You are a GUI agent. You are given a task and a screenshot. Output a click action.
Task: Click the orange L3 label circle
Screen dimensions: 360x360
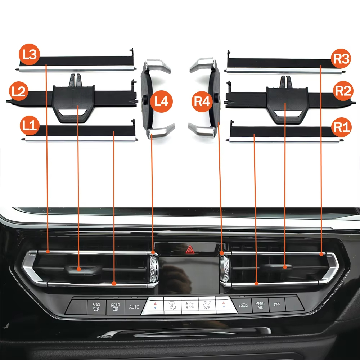(30, 54)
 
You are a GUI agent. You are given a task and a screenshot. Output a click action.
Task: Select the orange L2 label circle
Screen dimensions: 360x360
(19, 91)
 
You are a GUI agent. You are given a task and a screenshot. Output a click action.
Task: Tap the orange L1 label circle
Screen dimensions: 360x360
(30, 125)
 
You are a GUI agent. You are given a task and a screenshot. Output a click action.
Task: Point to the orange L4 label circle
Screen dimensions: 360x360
(161, 101)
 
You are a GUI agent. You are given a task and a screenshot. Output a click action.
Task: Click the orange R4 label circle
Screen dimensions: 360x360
(202, 102)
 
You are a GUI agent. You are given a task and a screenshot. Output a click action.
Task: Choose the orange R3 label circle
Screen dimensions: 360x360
(341, 58)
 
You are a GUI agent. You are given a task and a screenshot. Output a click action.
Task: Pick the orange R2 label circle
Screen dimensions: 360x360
(343, 91)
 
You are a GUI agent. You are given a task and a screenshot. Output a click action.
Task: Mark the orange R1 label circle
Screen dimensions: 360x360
(341, 127)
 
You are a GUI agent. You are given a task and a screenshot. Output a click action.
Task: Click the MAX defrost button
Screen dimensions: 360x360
(96, 307)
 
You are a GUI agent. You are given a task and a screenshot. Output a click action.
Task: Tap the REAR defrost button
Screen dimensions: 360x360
(115, 307)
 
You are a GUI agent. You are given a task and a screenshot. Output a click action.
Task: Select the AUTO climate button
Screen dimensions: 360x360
(134, 307)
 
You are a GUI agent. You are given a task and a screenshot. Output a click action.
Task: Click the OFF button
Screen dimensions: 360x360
(277, 305)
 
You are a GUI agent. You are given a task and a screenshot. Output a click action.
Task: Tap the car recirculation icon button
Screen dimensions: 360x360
(243, 306)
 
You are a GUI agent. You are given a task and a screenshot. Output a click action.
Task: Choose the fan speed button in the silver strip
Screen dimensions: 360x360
(190, 305)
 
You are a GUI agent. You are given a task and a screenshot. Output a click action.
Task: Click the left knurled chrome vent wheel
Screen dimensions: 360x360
(154, 269)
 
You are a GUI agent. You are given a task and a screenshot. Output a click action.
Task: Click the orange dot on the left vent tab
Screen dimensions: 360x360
(79, 269)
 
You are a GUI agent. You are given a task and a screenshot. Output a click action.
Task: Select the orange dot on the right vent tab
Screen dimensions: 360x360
(285, 267)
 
